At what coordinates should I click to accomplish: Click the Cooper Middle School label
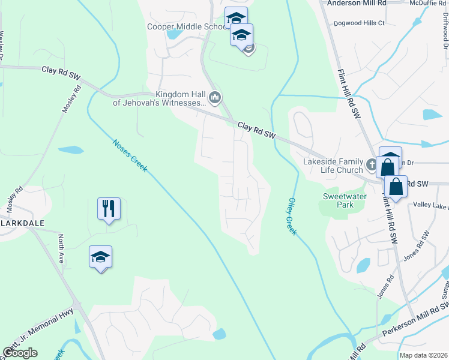(186, 27)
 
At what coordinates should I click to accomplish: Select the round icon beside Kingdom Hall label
(215, 97)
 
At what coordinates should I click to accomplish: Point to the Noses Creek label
(130, 156)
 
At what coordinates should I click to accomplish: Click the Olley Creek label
(292, 216)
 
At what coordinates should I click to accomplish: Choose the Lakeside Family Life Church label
(325, 166)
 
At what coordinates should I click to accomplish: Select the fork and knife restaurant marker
(109, 209)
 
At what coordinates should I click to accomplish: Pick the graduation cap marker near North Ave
(100, 257)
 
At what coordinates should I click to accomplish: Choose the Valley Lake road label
(430, 205)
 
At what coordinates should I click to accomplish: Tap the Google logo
(20, 353)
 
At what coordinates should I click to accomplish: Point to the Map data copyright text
(423, 355)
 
